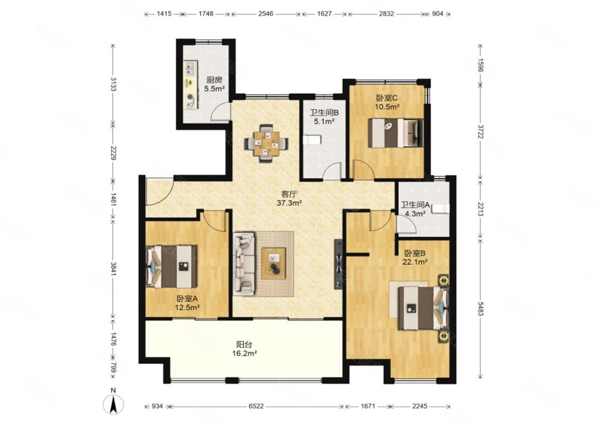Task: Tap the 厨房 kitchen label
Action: tap(214, 80)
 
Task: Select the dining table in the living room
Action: tap(266, 143)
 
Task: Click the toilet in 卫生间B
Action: tap(312, 140)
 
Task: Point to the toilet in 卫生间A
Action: tap(441, 209)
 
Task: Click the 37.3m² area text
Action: tap(289, 203)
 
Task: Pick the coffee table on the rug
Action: tap(273, 263)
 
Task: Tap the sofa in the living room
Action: tap(244, 264)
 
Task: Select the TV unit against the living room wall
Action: tap(338, 264)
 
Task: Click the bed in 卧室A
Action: tap(172, 266)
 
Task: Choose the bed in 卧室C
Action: tap(396, 133)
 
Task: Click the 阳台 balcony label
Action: tap(244, 345)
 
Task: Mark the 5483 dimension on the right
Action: tap(480, 309)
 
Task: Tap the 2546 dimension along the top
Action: tap(266, 13)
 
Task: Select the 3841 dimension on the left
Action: tap(114, 269)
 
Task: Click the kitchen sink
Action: tap(190, 68)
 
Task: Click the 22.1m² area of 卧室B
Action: tap(415, 262)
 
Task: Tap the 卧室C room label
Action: tap(387, 98)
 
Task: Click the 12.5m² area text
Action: tap(187, 307)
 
